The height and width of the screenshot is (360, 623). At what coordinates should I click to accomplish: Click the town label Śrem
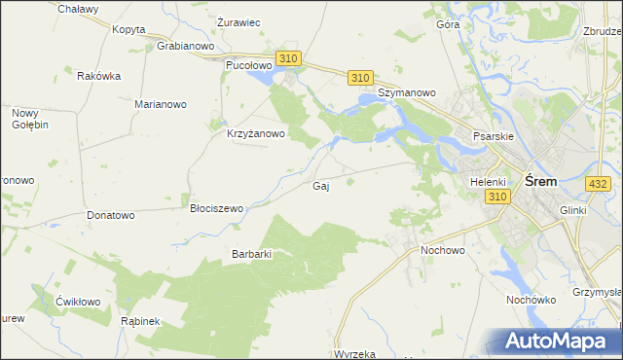click(x=540, y=181)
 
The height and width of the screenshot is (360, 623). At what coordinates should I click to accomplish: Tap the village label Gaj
click(x=319, y=186)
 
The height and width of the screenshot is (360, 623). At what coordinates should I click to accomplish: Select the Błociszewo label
click(x=216, y=208)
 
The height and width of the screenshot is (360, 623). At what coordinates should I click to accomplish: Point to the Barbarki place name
click(x=250, y=254)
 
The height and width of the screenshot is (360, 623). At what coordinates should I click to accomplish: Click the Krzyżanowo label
click(x=255, y=134)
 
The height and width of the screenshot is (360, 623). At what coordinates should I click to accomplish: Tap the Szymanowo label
click(x=408, y=93)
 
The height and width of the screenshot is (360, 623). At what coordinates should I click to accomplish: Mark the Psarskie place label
click(x=493, y=136)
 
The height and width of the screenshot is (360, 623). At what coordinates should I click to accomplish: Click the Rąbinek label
click(x=140, y=320)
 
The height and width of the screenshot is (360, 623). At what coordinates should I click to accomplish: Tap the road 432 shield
click(x=599, y=183)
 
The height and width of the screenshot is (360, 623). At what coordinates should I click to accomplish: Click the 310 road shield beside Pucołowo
click(x=287, y=59)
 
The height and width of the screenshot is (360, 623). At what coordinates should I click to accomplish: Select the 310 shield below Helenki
click(x=497, y=197)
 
